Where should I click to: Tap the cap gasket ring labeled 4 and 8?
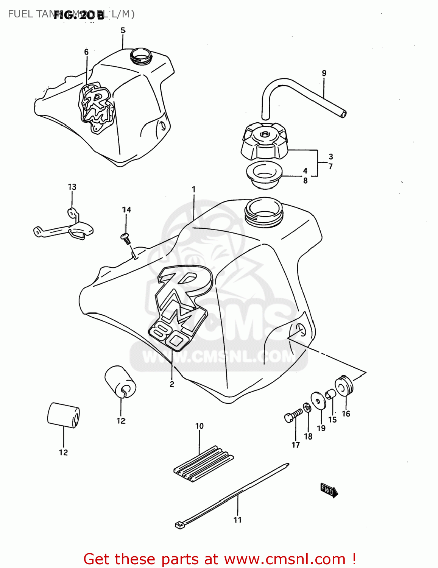point(264,175)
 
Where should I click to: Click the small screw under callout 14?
point(126,238)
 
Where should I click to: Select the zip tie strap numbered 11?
point(233,494)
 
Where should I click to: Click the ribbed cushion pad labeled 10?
point(204,464)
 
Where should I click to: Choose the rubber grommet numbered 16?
point(344,386)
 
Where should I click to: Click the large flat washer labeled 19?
point(318,401)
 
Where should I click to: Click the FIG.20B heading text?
point(79,15)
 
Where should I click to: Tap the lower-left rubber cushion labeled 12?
point(63,415)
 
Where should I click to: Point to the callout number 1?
point(193,189)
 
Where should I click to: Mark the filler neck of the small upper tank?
point(141,56)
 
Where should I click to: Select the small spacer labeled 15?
point(330,394)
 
